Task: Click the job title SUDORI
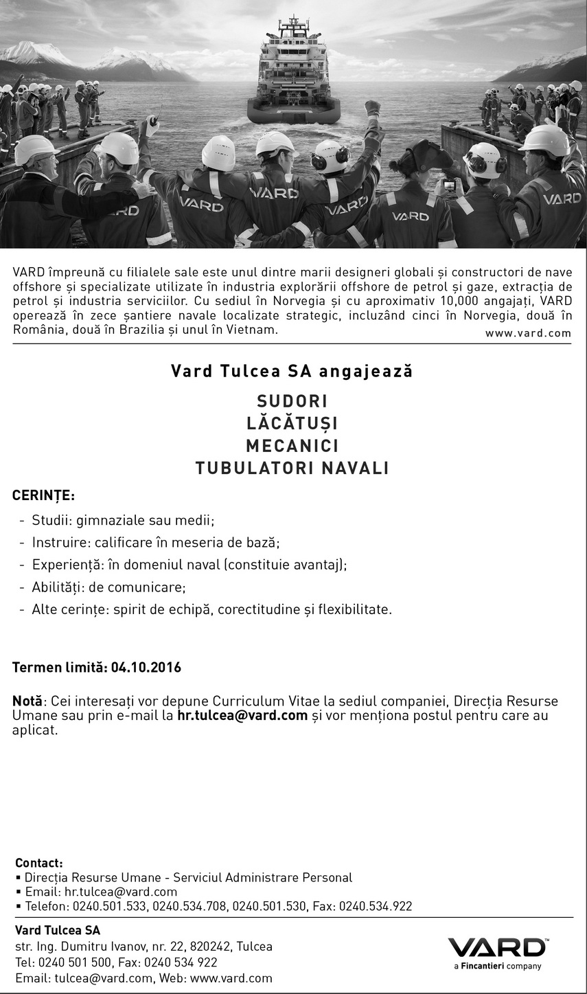(x=292, y=400)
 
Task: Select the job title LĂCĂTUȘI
(x=292, y=423)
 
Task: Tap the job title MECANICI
(x=292, y=446)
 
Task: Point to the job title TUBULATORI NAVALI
(x=292, y=468)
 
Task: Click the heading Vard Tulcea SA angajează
(x=292, y=371)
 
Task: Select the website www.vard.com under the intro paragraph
(x=528, y=333)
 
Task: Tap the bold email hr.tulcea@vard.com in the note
(x=242, y=716)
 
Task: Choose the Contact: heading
(x=39, y=863)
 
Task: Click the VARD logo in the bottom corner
(x=497, y=948)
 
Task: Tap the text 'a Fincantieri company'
(x=497, y=966)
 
